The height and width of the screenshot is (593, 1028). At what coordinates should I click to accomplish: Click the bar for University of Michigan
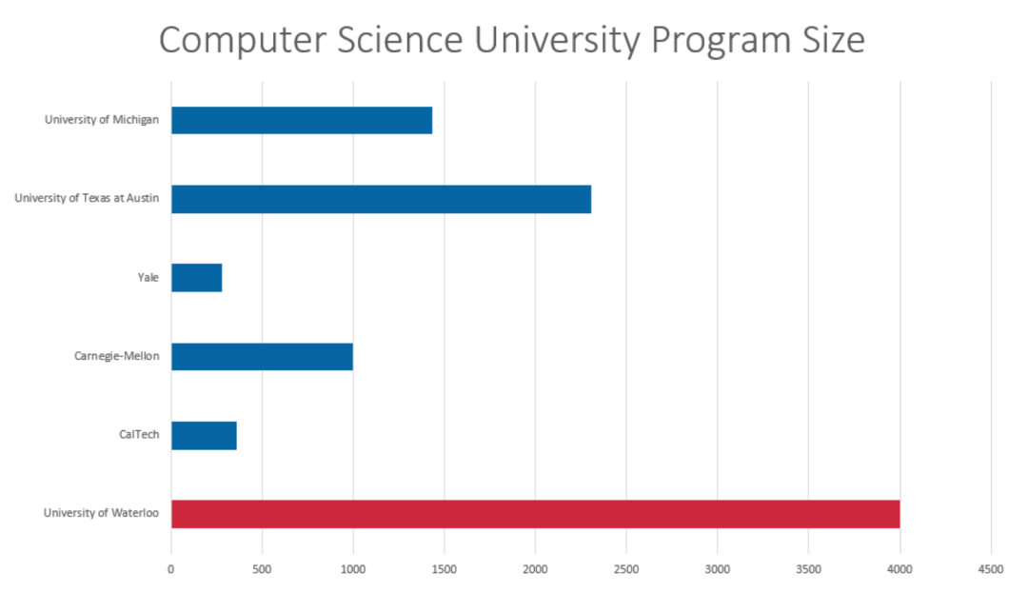tap(301, 121)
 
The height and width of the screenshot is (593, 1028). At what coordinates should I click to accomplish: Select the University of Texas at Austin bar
tap(381, 199)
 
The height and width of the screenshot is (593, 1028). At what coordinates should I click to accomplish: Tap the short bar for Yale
tap(196, 278)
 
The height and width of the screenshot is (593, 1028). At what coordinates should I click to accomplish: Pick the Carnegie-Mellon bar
tap(262, 357)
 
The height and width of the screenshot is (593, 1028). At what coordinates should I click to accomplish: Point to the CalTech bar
tap(204, 436)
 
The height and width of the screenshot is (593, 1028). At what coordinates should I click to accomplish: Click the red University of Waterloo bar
tap(535, 514)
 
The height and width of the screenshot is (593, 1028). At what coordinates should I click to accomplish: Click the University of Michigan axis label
tap(102, 120)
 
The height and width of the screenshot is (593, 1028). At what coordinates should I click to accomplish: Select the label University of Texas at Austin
tap(87, 199)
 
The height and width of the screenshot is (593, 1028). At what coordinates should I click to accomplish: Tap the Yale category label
tap(148, 278)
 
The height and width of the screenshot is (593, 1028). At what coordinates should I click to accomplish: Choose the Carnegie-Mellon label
tap(116, 357)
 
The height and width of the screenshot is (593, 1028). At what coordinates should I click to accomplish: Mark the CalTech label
tap(139, 436)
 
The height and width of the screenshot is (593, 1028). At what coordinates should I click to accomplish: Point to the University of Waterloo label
tap(101, 514)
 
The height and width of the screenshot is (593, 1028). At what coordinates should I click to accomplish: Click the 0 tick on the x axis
tap(171, 569)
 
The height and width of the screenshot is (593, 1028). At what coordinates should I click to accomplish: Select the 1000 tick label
tap(353, 569)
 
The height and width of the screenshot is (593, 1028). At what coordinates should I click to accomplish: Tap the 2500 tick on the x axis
tap(626, 569)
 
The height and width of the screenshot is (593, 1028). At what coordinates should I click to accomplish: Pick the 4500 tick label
tap(990, 569)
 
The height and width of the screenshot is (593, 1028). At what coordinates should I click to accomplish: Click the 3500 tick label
tap(808, 569)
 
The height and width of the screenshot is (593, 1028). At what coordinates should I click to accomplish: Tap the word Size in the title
tap(831, 41)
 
